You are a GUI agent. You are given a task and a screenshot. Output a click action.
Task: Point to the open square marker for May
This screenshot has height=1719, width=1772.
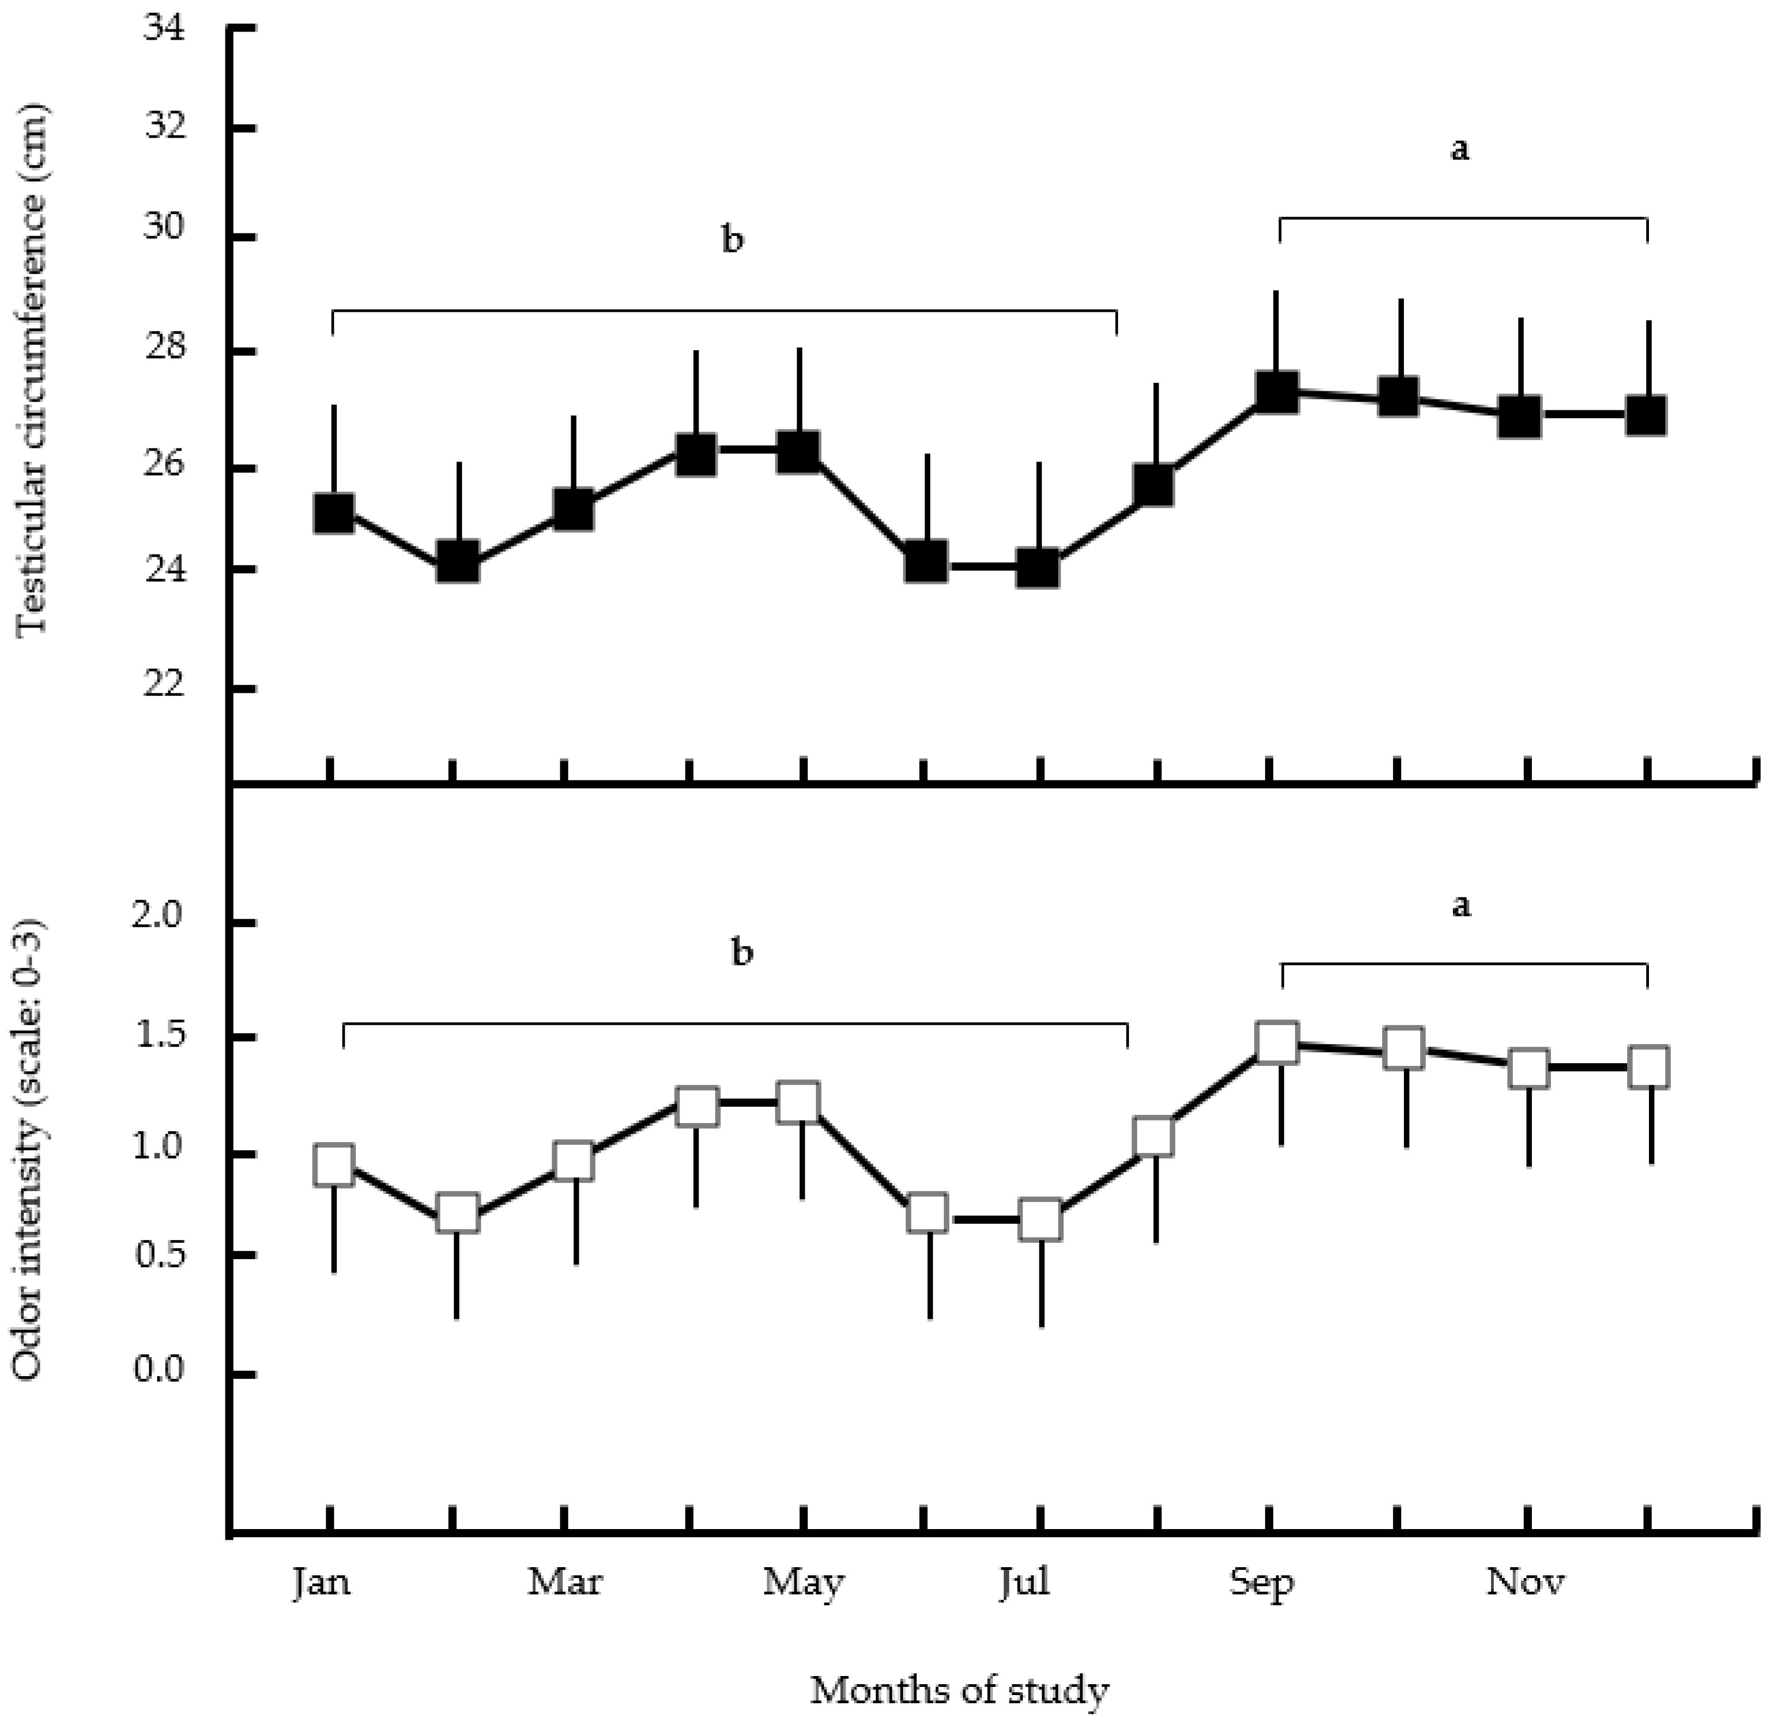pos(799,1102)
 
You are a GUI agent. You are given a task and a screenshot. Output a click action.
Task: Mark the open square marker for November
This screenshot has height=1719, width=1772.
pos(1528,1068)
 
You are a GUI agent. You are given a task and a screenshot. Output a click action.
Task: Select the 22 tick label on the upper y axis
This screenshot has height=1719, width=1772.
pos(163,686)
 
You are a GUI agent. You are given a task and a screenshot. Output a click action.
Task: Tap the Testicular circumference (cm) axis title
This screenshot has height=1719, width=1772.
pos(33,372)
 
